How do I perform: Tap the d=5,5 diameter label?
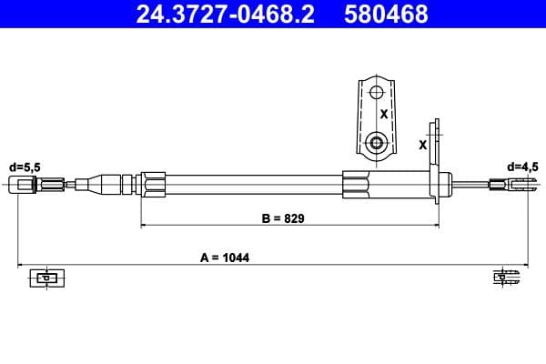(x=25, y=167)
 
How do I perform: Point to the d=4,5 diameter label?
(x=522, y=167)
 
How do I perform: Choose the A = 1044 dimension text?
(x=225, y=258)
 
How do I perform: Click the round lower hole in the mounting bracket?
(x=377, y=142)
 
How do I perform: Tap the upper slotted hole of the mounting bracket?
(x=377, y=92)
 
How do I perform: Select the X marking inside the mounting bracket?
(x=384, y=116)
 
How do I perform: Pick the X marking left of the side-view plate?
(x=422, y=144)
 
